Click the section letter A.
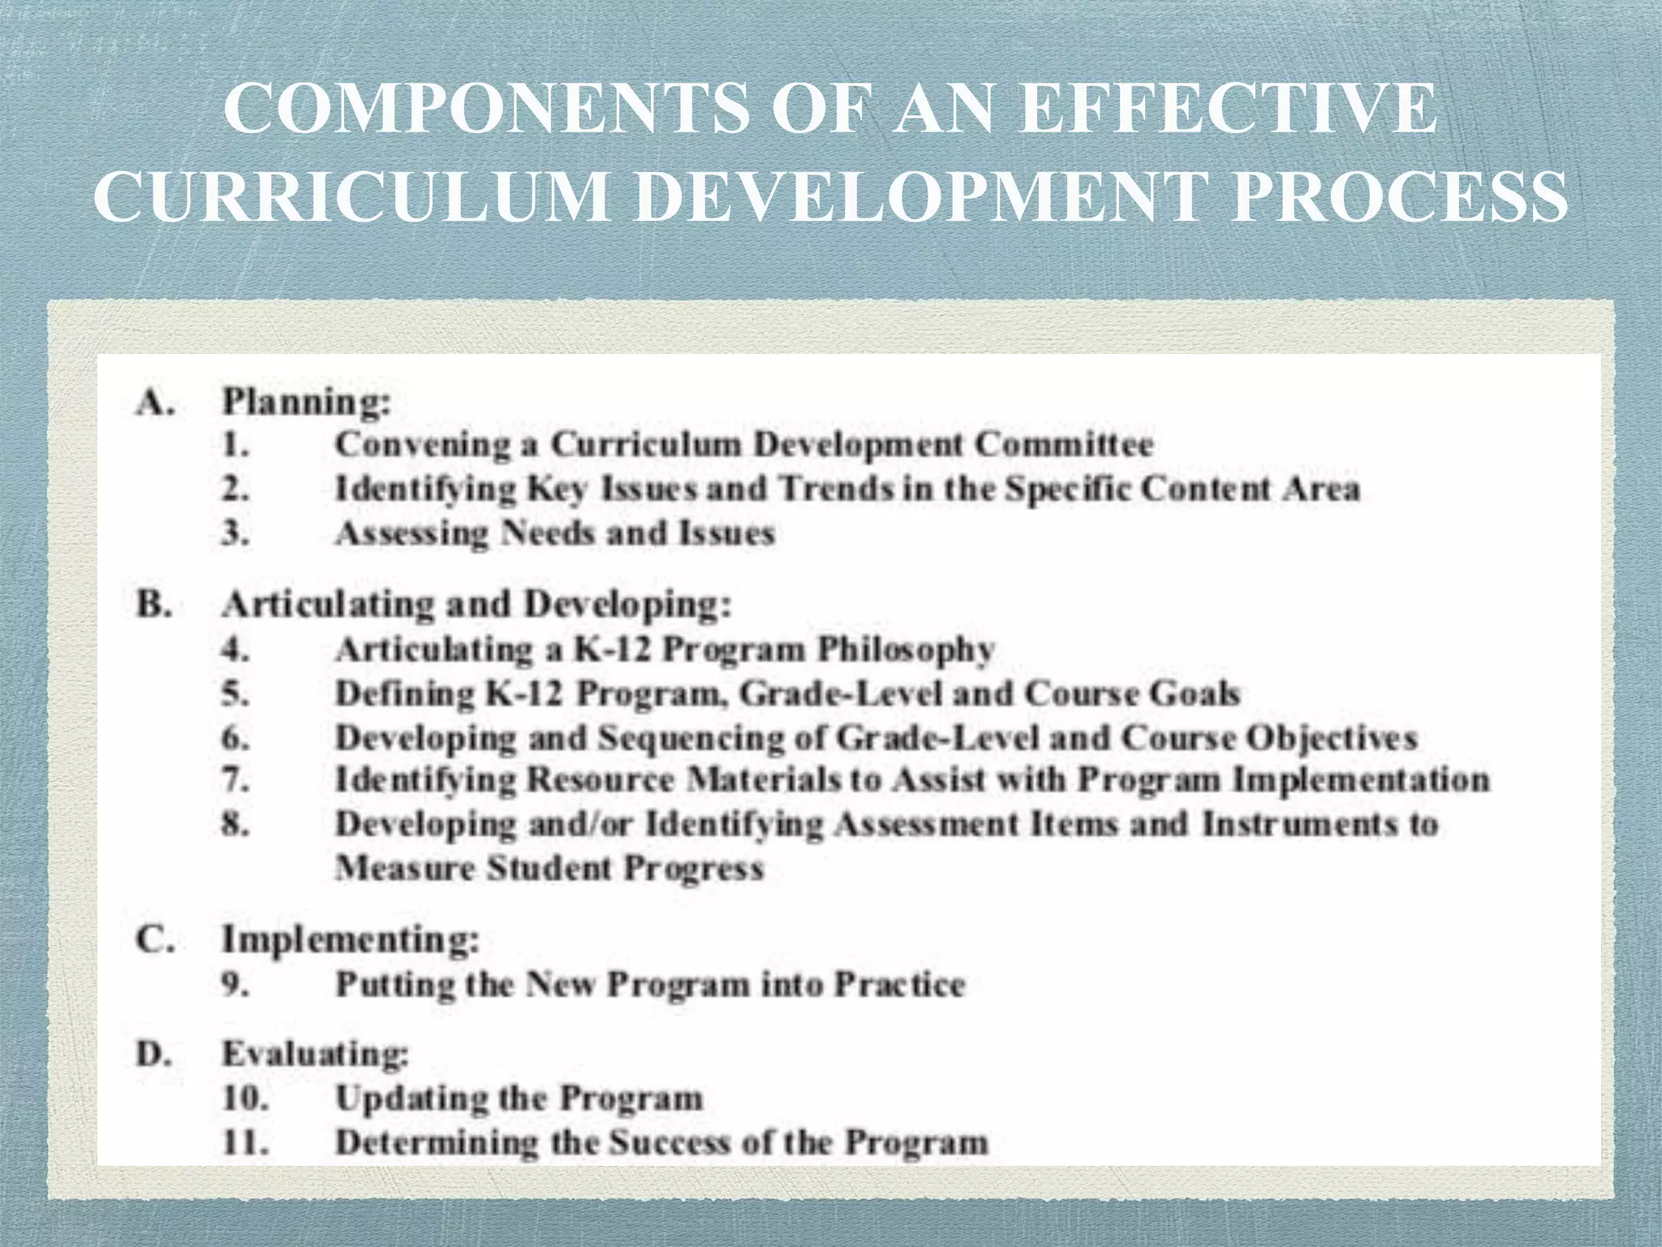click(x=155, y=402)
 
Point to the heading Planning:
click(x=307, y=402)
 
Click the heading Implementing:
click(x=351, y=940)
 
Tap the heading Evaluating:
click(x=315, y=1054)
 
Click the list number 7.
click(x=235, y=780)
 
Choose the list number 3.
click(x=235, y=533)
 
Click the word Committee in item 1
click(x=1064, y=444)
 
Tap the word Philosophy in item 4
click(x=906, y=649)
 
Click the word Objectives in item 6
click(x=1331, y=738)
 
